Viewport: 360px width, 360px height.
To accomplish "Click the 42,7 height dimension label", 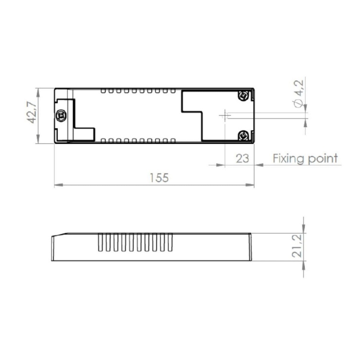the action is pyautogui.click(x=32, y=112).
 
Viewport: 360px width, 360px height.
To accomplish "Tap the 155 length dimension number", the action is pyautogui.click(x=159, y=178).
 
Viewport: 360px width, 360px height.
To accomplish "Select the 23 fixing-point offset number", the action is pyautogui.click(x=242, y=158).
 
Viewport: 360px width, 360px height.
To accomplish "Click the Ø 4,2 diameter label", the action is pyautogui.click(x=299, y=94).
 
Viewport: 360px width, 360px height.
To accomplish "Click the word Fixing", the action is pyautogui.click(x=289, y=159).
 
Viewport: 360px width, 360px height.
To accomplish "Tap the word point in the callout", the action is pyautogui.click(x=323, y=159).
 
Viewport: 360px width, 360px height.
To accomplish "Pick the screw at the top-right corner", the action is pyautogui.click(x=243, y=96).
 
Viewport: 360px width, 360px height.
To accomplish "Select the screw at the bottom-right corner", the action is pyautogui.click(x=243, y=135).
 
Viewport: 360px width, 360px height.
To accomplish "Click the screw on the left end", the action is pyautogui.click(x=61, y=116).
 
